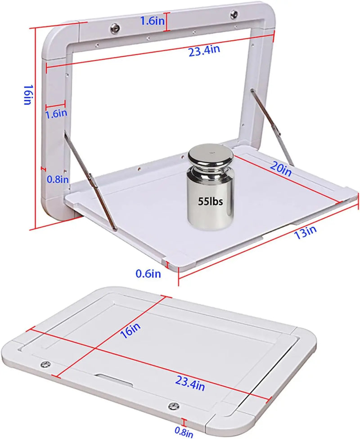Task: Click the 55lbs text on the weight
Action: pyautogui.click(x=211, y=202)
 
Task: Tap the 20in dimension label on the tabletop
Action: pyautogui.click(x=281, y=169)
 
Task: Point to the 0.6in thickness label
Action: pyautogui.click(x=148, y=273)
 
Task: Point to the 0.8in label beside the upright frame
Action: pyautogui.click(x=58, y=179)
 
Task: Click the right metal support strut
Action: pyautogui.click(x=273, y=127)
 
